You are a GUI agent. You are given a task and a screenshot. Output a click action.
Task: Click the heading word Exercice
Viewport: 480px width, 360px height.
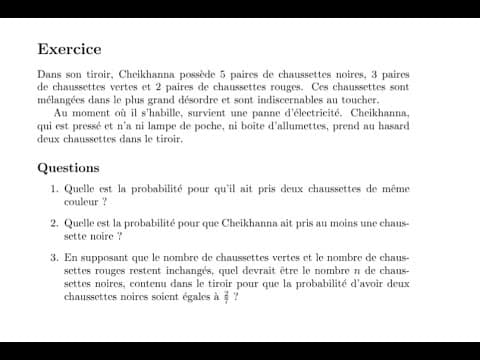[x=69, y=49]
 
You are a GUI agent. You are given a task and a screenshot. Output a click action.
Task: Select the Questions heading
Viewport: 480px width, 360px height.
[x=68, y=168]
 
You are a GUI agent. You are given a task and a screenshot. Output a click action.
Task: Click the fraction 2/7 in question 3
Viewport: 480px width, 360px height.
[x=226, y=296]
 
